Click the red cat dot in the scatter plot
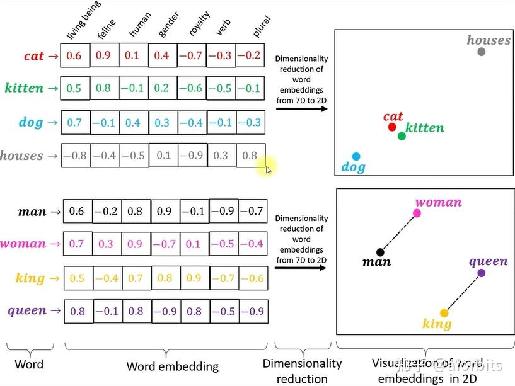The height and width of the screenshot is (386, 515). (x=392, y=127)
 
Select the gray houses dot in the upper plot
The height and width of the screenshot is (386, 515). (x=482, y=52)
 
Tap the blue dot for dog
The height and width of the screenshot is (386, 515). (x=356, y=156)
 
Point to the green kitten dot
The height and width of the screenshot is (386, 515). (x=402, y=135)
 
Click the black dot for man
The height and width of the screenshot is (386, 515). (x=380, y=253)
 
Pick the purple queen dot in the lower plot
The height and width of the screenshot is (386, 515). (x=482, y=273)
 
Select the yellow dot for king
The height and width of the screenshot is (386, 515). (x=444, y=313)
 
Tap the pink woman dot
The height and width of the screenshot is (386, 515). (x=417, y=213)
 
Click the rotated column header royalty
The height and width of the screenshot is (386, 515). (x=199, y=25)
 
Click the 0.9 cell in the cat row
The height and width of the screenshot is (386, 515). (x=103, y=55)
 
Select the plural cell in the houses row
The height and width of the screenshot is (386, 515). (x=250, y=156)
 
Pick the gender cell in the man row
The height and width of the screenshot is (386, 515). (x=165, y=212)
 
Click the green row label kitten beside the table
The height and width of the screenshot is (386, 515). (x=24, y=88)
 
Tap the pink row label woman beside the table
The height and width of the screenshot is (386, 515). (x=23, y=244)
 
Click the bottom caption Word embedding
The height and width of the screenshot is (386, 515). (x=172, y=366)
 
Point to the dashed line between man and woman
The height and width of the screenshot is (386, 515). (x=398, y=233)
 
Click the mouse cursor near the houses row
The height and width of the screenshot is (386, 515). (x=269, y=169)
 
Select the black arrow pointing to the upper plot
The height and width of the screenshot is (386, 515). (x=302, y=109)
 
